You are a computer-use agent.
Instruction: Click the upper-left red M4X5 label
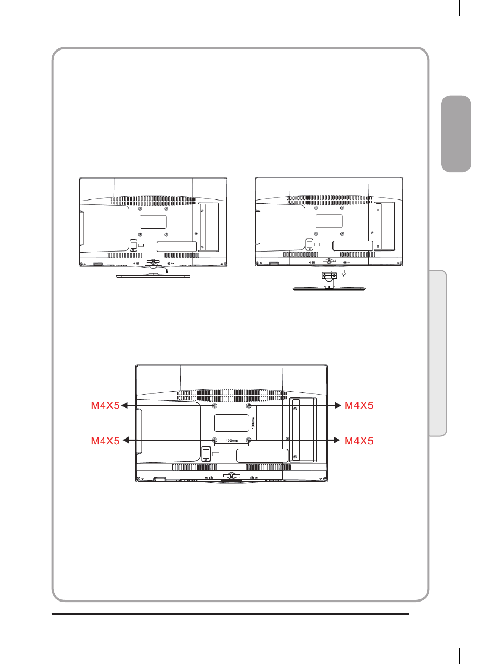click(x=105, y=405)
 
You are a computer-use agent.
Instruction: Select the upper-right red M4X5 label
click(x=359, y=405)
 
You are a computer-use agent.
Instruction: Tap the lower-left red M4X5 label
click(x=105, y=441)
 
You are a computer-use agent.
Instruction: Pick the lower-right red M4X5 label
click(x=359, y=441)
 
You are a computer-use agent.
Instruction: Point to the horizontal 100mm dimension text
click(x=231, y=441)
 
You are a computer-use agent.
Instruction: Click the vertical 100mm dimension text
click(x=253, y=423)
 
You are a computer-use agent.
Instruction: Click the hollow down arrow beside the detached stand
click(x=344, y=273)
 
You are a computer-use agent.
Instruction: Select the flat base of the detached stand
click(x=329, y=288)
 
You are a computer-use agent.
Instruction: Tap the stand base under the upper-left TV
click(x=153, y=276)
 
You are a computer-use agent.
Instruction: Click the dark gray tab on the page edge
click(x=456, y=134)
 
